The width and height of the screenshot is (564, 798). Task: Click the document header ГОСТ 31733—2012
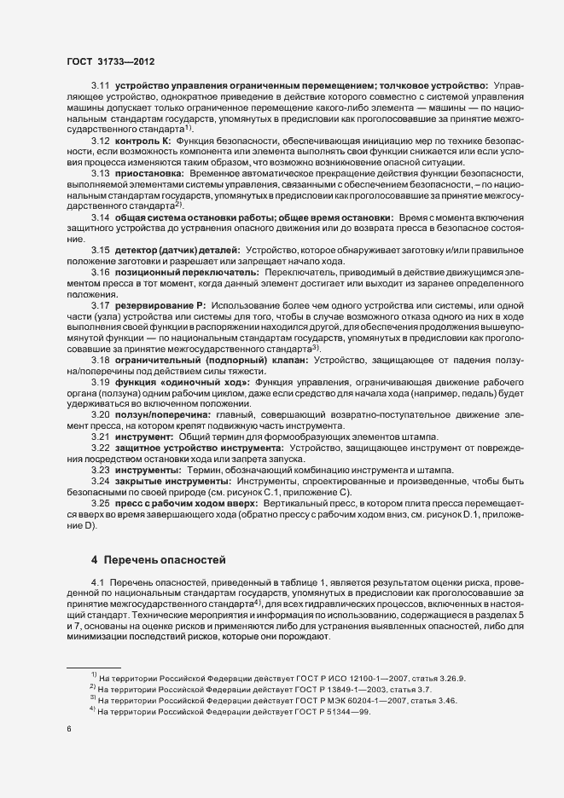tap(110, 61)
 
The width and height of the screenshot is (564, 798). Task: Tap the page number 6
tap(69, 729)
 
